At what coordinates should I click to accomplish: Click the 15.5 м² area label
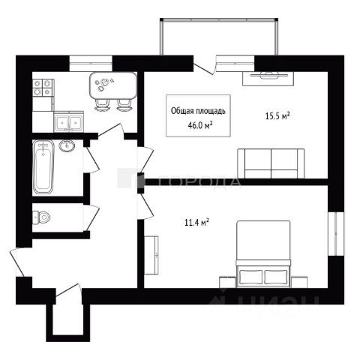(x=277, y=116)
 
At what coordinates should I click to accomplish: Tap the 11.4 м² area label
(x=196, y=222)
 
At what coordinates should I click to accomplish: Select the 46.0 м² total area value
(x=200, y=125)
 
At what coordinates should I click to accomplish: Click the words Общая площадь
(x=198, y=111)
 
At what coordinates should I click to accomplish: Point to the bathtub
(x=43, y=166)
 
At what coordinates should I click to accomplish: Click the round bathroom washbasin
(x=67, y=145)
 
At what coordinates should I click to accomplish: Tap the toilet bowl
(x=41, y=217)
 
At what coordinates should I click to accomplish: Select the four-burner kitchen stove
(x=43, y=88)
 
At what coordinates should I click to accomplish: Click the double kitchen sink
(x=69, y=121)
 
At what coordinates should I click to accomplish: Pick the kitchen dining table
(x=113, y=85)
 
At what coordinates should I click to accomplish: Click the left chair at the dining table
(x=103, y=105)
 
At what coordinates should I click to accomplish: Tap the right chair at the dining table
(x=124, y=105)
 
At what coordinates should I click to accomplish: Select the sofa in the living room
(x=271, y=163)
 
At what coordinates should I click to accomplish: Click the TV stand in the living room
(x=268, y=79)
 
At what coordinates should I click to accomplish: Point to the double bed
(x=263, y=254)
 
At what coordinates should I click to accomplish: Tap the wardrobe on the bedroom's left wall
(x=151, y=255)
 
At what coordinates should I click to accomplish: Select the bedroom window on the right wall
(x=336, y=234)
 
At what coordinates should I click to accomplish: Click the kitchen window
(x=91, y=64)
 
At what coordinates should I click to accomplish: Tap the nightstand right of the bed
(x=299, y=282)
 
